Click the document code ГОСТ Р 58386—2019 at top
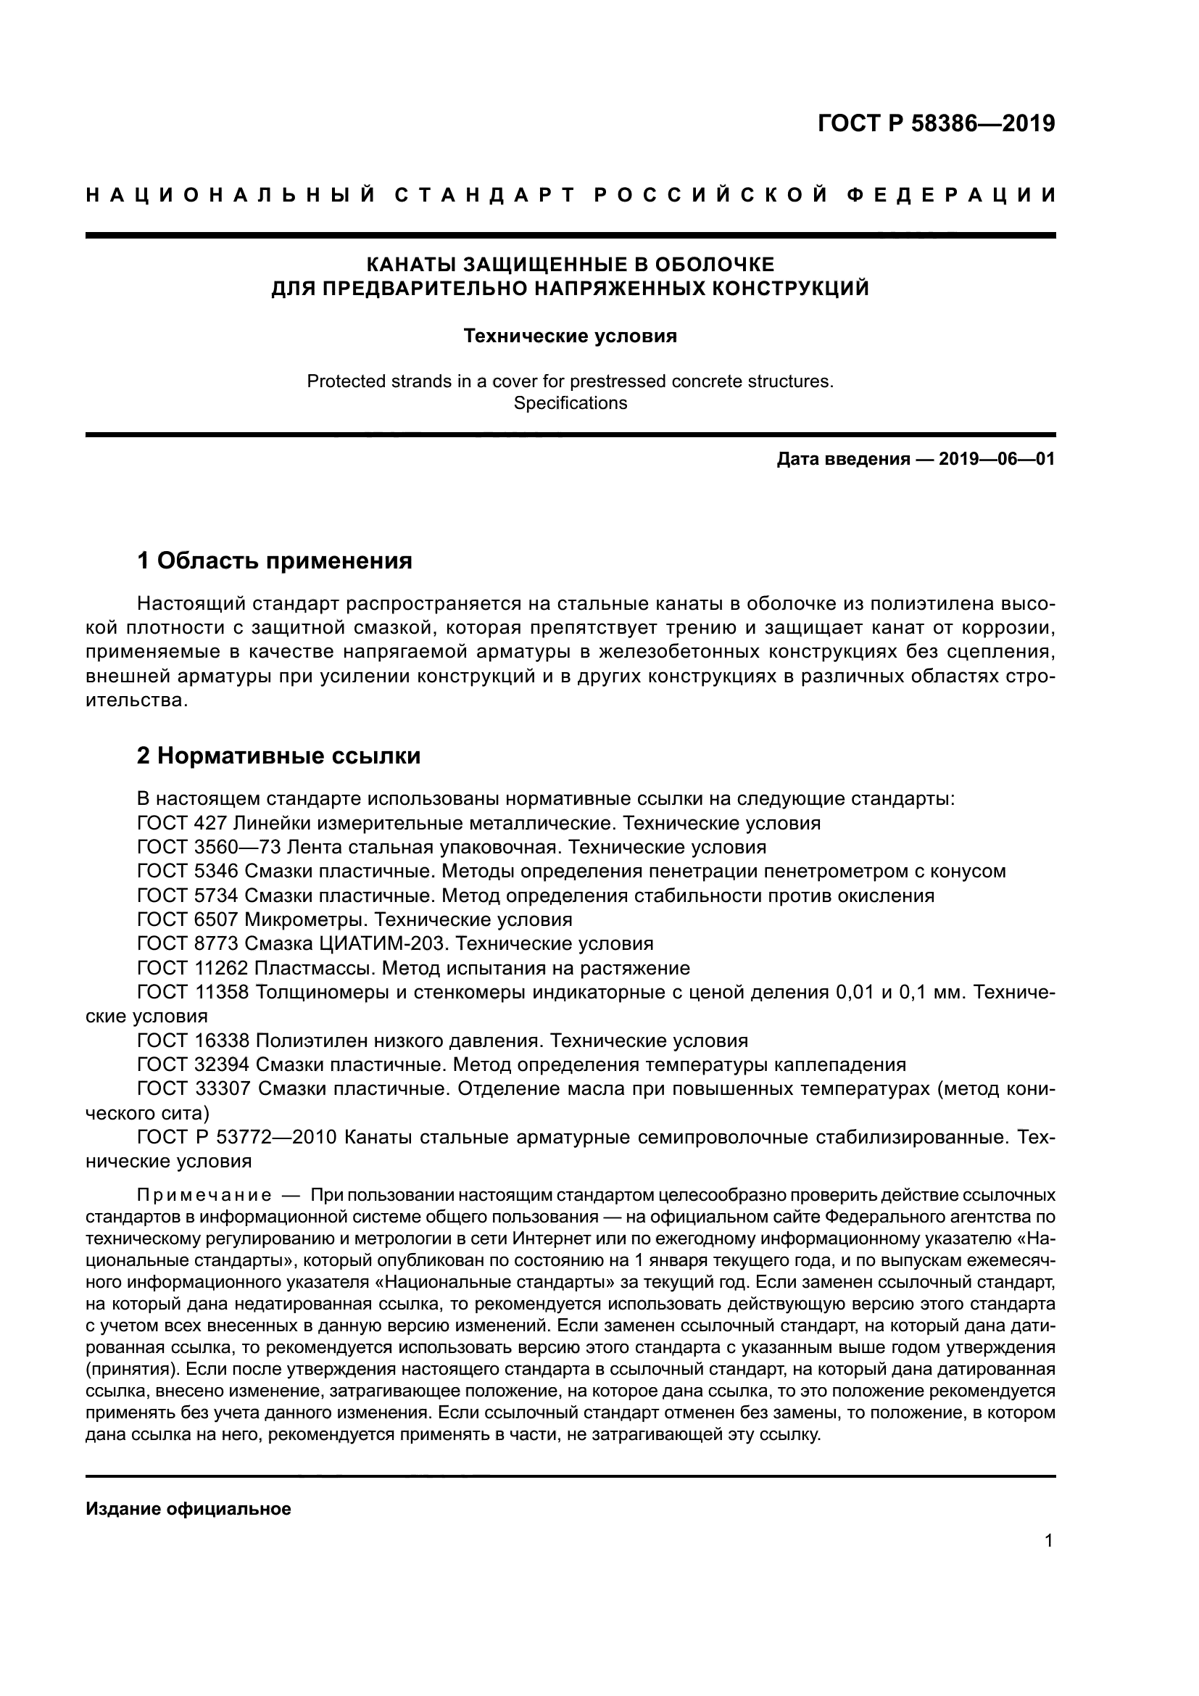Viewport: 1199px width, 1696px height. click(936, 123)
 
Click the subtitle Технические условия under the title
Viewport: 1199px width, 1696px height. click(570, 336)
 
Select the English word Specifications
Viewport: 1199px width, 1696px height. click(570, 403)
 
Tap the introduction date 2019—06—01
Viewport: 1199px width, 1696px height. click(996, 460)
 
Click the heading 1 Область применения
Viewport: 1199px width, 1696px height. click(275, 560)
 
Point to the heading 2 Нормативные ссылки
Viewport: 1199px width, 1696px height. click(279, 756)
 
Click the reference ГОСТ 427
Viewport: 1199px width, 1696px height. click(182, 823)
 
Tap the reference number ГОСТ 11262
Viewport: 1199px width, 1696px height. click(193, 968)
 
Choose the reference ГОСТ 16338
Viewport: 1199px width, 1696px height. click(193, 1041)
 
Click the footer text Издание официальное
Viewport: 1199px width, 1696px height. click(188, 1509)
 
